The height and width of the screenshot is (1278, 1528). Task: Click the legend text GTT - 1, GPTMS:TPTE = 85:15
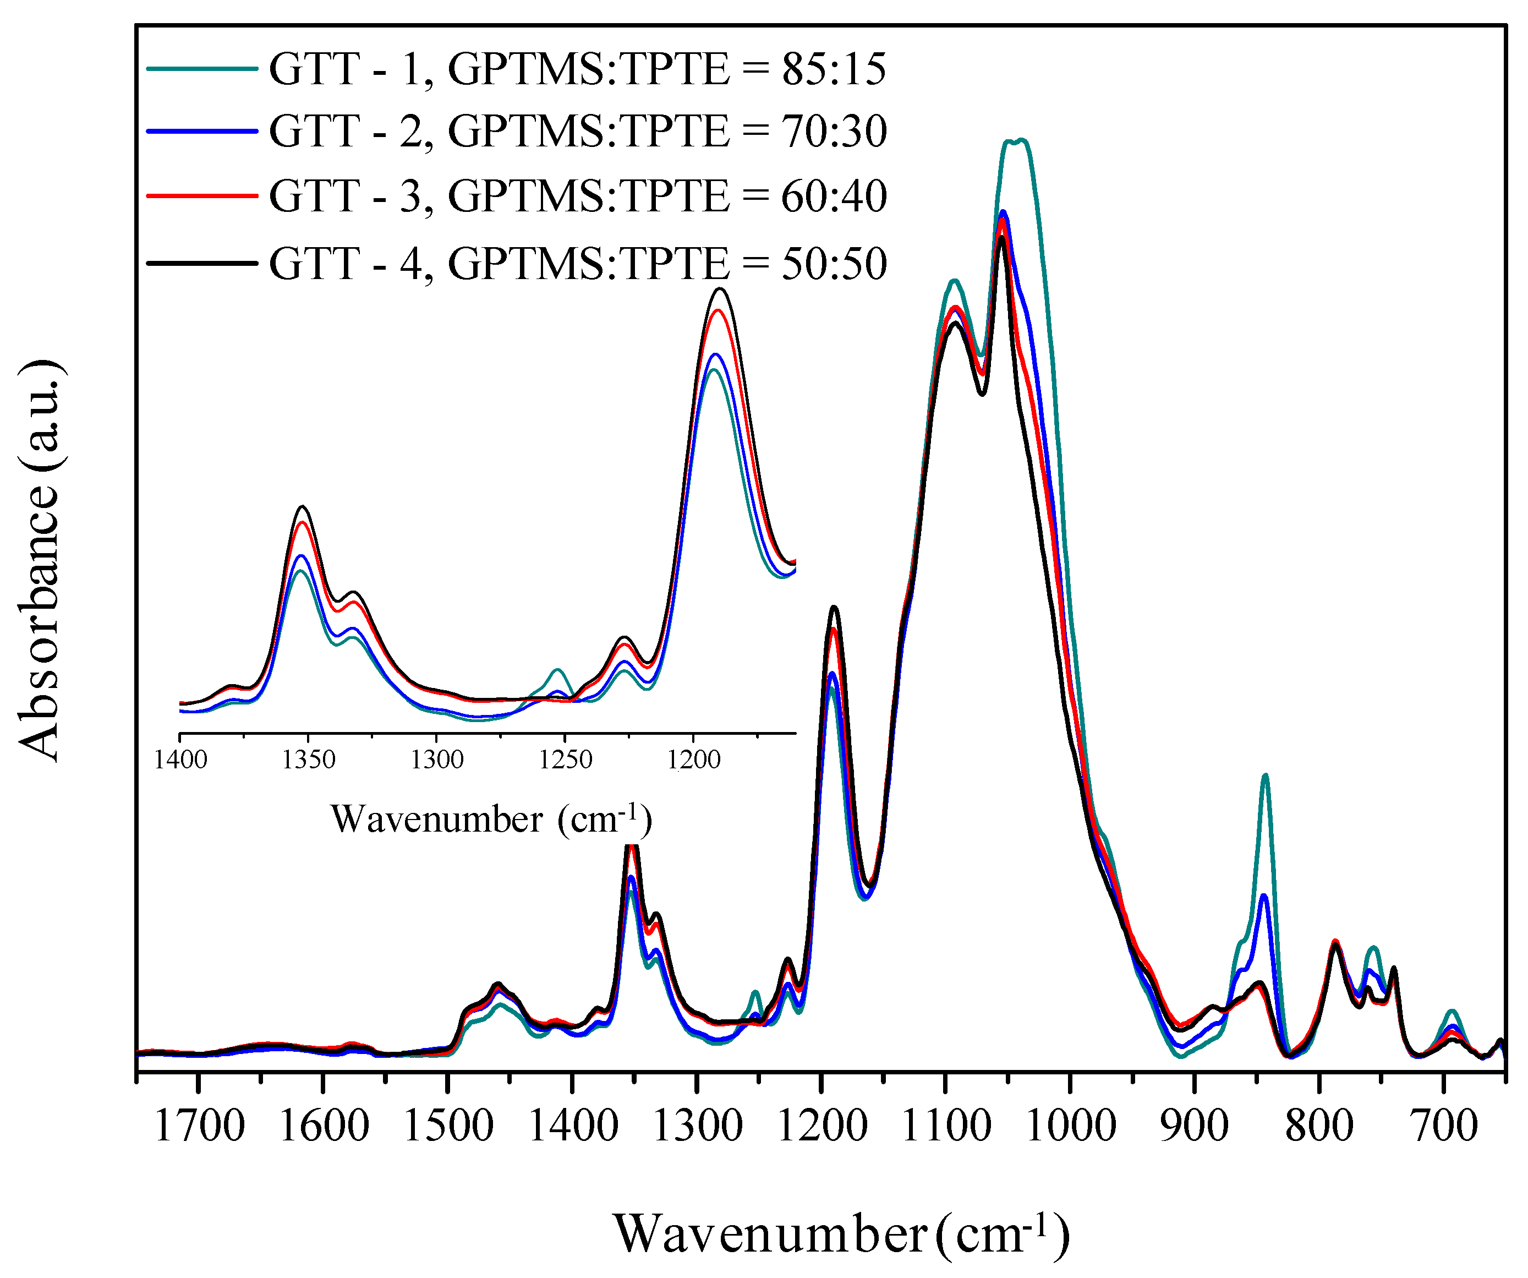click(x=577, y=69)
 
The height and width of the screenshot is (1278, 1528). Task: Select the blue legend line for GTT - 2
click(x=202, y=131)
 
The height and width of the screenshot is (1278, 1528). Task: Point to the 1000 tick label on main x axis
click(x=1070, y=1127)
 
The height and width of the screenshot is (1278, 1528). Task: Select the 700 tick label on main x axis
click(x=1444, y=1127)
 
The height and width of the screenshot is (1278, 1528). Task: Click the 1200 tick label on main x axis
click(x=822, y=1127)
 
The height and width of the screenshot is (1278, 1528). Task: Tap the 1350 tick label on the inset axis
click(x=309, y=760)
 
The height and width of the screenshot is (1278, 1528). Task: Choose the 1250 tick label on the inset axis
click(x=565, y=760)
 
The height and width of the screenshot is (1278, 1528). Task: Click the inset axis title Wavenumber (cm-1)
click(x=491, y=820)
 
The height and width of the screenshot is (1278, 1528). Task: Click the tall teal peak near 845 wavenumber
click(x=1266, y=776)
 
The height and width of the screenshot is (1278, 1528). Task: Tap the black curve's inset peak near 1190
click(x=720, y=290)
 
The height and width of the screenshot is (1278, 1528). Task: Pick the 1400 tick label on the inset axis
click(x=180, y=760)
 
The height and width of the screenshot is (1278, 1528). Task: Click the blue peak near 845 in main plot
click(x=1264, y=896)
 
